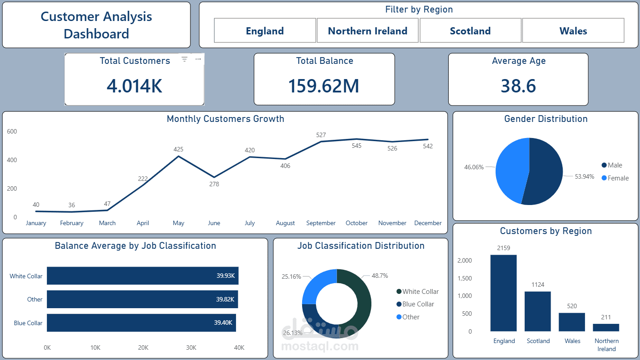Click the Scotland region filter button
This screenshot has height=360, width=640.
470,31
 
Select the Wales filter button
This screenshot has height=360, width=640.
573,31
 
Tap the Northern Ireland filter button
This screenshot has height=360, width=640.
367,31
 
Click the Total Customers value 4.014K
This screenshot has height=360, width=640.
135,86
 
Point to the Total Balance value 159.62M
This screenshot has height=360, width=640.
324,86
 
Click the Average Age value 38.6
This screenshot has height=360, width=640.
518,86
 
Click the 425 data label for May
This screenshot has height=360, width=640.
178,149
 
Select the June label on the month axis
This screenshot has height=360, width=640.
214,223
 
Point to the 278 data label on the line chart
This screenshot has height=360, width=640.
214,184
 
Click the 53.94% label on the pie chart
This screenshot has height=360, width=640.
585,176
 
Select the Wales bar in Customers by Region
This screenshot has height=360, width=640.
572,322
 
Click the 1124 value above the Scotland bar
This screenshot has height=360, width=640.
538,285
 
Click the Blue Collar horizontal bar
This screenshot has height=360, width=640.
141,323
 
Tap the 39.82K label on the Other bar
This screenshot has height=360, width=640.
225,299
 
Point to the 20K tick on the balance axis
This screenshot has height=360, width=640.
143,347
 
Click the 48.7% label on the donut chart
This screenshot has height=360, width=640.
380,276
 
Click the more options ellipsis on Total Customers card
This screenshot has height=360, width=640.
198,59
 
